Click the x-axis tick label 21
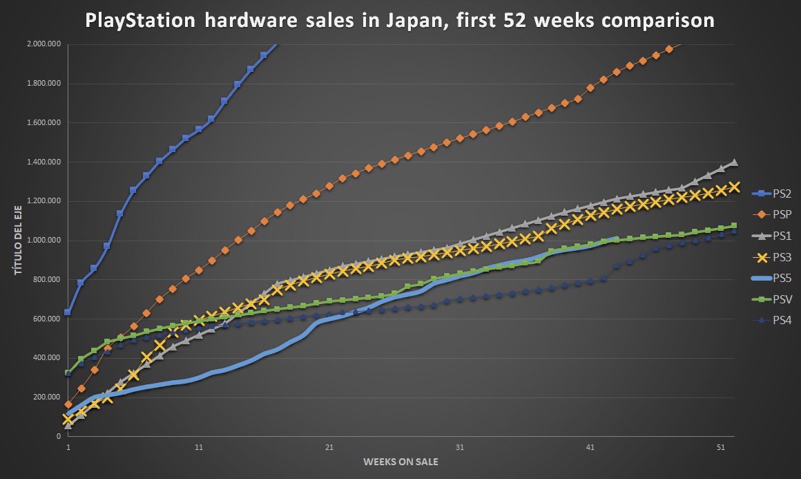(x=329, y=447)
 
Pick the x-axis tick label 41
(x=590, y=447)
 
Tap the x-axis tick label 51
(x=720, y=447)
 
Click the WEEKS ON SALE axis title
(x=401, y=462)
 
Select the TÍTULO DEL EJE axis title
(x=19, y=241)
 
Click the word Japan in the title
(x=427, y=21)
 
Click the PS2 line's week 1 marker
(x=68, y=312)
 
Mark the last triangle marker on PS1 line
(x=733, y=162)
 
